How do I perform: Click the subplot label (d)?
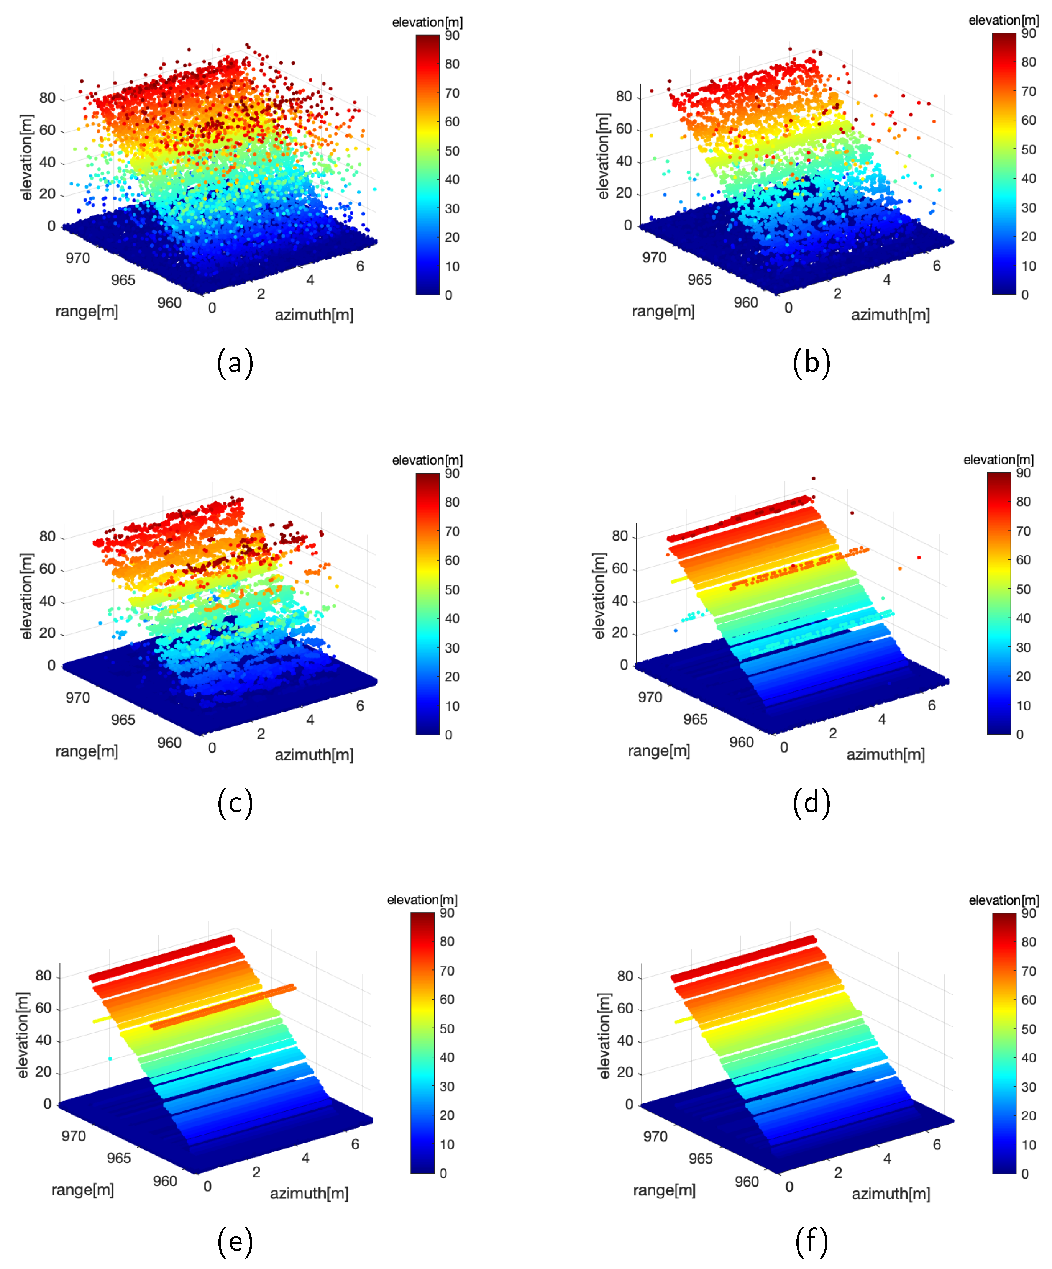(x=811, y=802)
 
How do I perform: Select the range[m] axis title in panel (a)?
(x=87, y=311)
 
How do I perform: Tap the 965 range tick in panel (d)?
(x=695, y=719)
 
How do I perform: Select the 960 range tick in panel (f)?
(x=746, y=1181)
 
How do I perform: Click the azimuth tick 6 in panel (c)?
(x=360, y=706)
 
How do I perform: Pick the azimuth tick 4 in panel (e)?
(x=305, y=1158)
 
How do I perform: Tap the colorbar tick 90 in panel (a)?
(x=452, y=36)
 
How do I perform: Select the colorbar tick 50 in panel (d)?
(x=1023, y=589)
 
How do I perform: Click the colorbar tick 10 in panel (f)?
(x=1028, y=1145)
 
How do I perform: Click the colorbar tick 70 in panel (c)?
(x=452, y=532)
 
